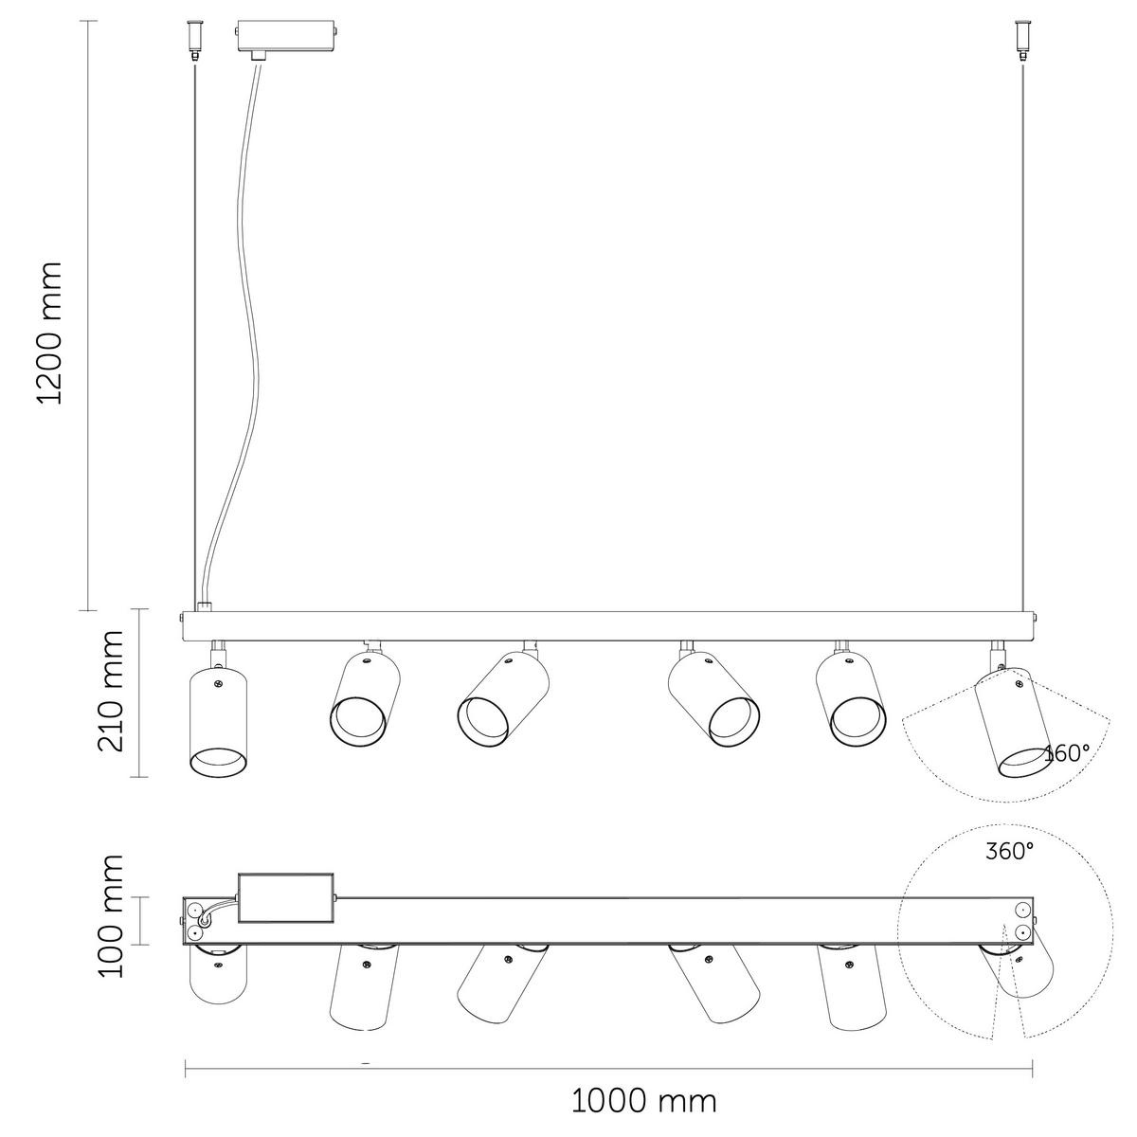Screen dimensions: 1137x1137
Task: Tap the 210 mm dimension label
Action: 112,692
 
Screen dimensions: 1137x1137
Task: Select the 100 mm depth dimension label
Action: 112,915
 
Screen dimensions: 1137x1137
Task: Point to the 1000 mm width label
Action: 644,1101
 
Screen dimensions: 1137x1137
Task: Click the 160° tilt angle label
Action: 1066,754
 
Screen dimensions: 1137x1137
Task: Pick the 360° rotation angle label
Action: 1009,851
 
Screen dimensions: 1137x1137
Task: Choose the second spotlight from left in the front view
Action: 365,696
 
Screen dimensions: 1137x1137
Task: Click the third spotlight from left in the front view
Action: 502,701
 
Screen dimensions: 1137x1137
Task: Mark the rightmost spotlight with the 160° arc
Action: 1011,720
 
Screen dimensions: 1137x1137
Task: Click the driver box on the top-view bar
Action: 287,896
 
